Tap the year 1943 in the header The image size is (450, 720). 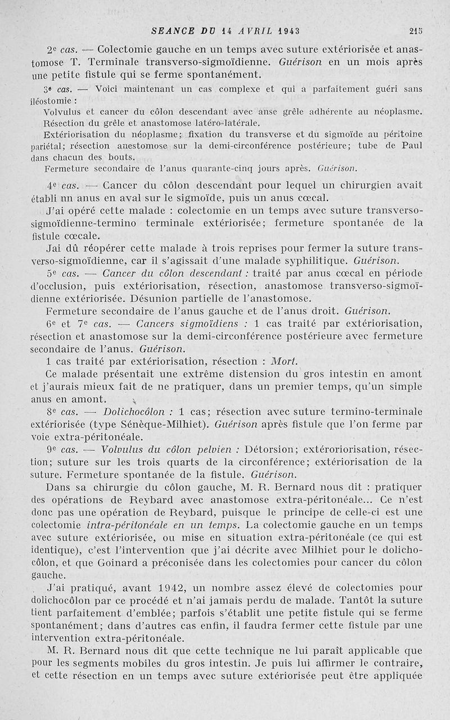pos(287,31)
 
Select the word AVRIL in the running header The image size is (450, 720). pos(250,31)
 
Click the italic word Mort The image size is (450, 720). pos(285,361)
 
